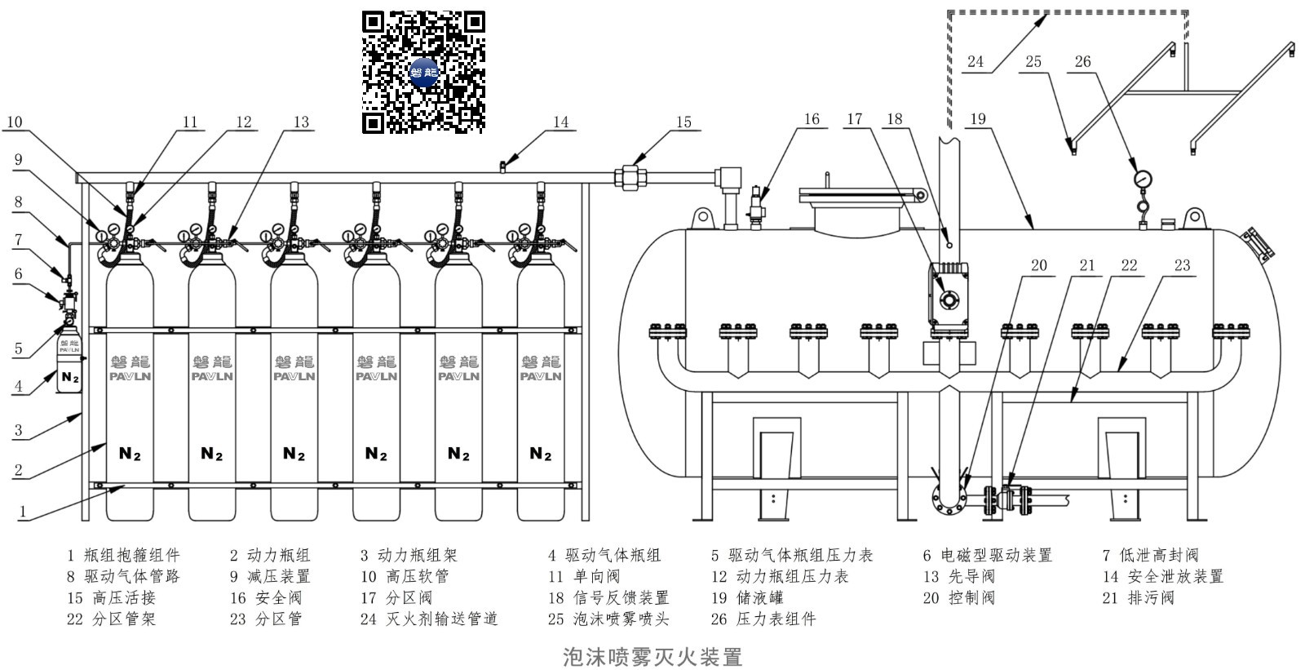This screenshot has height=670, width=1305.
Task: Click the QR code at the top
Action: (x=423, y=72)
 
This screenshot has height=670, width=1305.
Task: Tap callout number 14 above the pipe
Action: (x=560, y=122)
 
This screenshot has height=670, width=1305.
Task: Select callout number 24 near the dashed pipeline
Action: (x=975, y=61)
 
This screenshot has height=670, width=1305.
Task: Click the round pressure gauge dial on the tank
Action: (x=1143, y=179)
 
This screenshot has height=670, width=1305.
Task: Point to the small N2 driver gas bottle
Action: (x=69, y=361)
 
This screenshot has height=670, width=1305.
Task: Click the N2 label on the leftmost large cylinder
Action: (x=130, y=453)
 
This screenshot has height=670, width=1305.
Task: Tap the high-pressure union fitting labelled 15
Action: (x=630, y=177)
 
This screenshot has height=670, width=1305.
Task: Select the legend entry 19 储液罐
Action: (x=747, y=597)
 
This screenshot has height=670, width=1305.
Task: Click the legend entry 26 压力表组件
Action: (x=763, y=619)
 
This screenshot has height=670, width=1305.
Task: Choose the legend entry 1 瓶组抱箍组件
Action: (x=123, y=555)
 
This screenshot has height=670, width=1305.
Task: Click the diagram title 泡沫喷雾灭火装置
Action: (x=652, y=657)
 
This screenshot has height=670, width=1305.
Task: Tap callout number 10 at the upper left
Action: (x=15, y=122)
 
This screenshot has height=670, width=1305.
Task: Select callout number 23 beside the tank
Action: (x=1182, y=265)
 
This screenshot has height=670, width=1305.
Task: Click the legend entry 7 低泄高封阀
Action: (x=1151, y=555)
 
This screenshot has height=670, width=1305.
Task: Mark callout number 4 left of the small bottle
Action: (x=18, y=386)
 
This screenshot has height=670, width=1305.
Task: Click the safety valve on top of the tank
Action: (x=755, y=207)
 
